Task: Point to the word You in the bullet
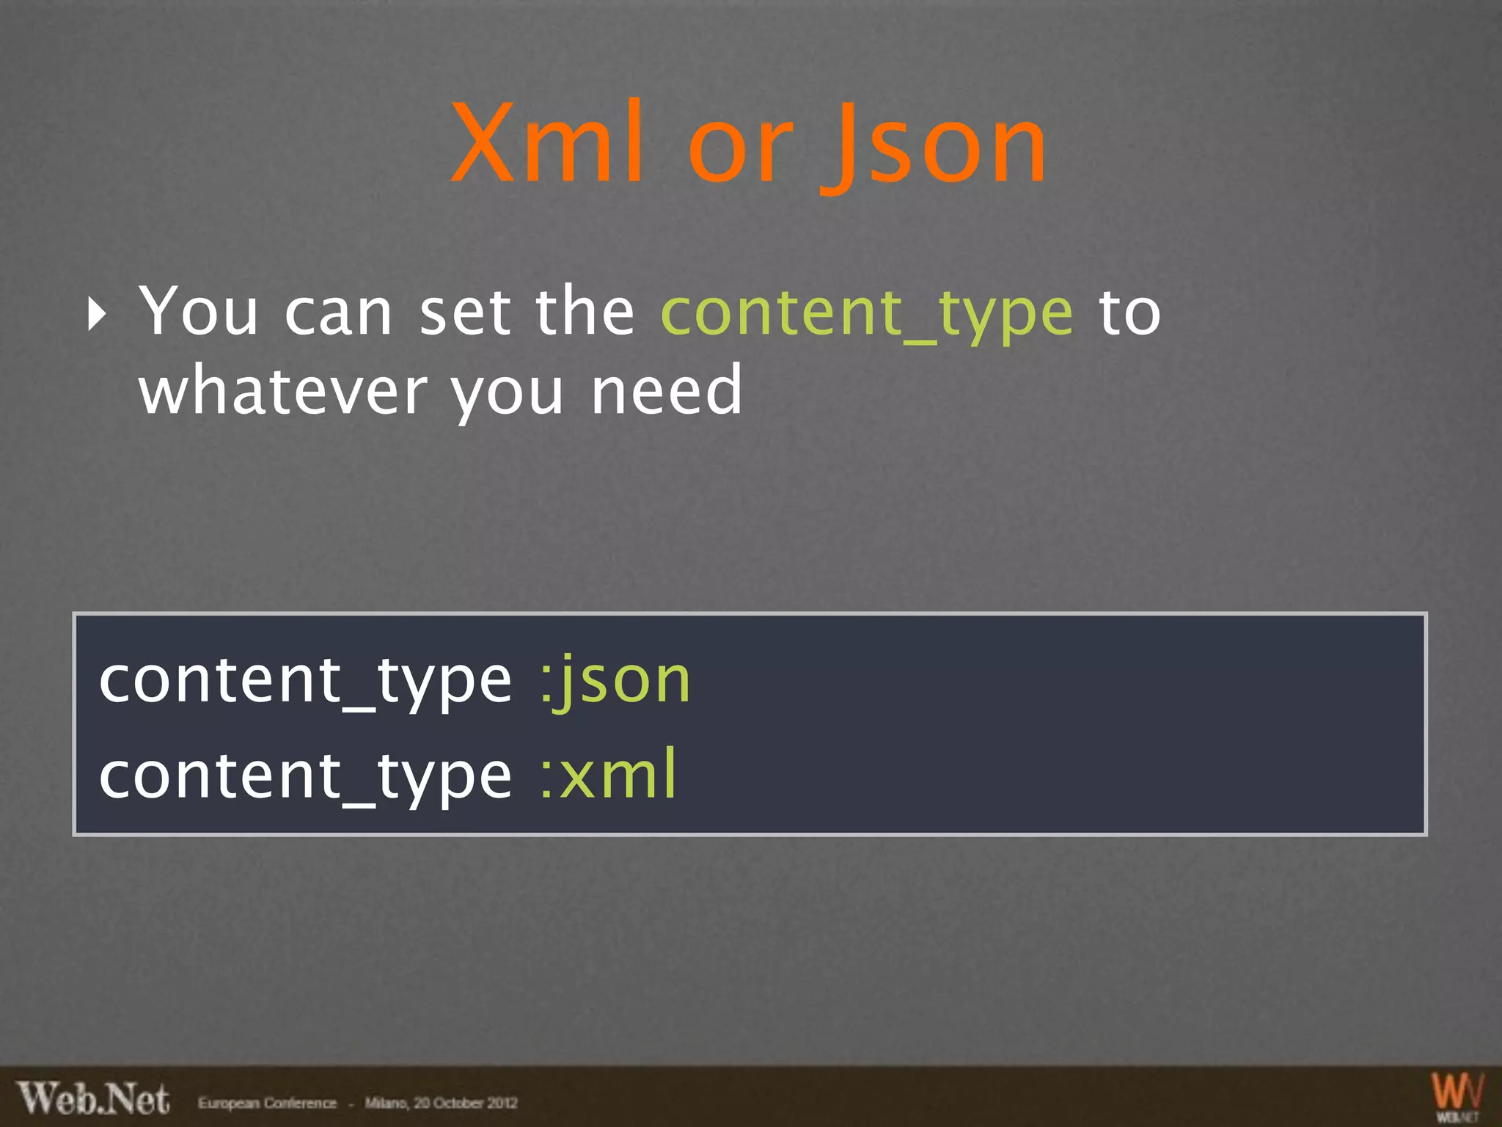pos(199,312)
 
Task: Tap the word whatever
pos(283,390)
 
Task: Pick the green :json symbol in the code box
pos(615,682)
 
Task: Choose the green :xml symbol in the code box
pos(608,776)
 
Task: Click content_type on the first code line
pos(305,682)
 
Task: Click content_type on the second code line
pos(305,776)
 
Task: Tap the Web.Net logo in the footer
pos(94,1099)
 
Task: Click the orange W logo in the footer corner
pos(1457,1093)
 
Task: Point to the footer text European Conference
pos(267,1103)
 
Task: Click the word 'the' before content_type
pos(585,312)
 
